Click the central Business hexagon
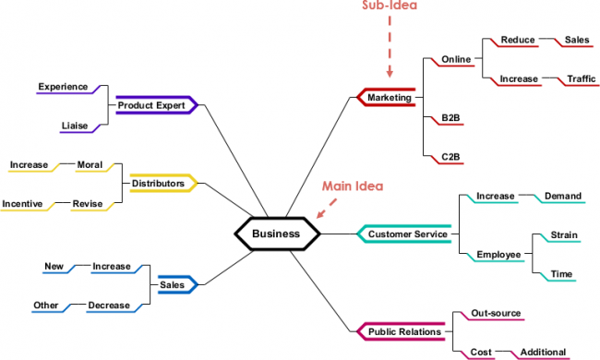(276, 234)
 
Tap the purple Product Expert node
(151, 105)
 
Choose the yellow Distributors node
(158, 184)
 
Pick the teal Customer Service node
(407, 234)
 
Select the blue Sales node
(172, 285)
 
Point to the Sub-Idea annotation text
(388, 5)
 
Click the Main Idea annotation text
(352, 186)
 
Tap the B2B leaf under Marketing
(450, 119)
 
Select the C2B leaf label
(450, 157)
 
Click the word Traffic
(582, 79)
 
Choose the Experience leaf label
(62, 88)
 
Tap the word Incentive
(22, 203)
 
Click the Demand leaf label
(563, 197)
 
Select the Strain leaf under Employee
(563, 235)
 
